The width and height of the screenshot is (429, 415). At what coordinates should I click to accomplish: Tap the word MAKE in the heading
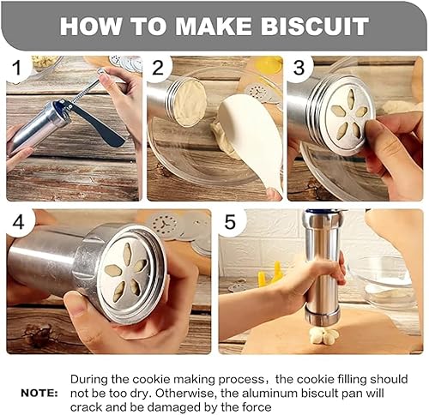pyautogui.click(x=213, y=27)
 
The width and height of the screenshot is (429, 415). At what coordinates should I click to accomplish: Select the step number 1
pyautogui.click(x=17, y=68)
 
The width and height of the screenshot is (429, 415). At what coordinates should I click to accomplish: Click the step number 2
pyautogui.click(x=158, y=68)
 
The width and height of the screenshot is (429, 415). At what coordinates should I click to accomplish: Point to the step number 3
pyautogui.click(x=299, y=68)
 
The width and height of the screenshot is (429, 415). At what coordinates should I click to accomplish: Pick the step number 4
pyautogui.click(x=19, y=222)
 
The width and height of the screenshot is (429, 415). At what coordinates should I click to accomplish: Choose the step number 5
pyautogui.click(x=230, y=222)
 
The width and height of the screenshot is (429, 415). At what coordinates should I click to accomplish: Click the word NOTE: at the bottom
pyautogui.click(x=39, y=394)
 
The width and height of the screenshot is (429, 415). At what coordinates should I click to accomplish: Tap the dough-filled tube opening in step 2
pyautogui.click(x=190, y=103)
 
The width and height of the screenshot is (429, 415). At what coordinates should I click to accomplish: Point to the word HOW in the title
pyautogui.click(x=90, y=27)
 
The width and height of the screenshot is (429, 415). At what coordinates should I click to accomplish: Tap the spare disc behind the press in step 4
pyautogui.click(x=164, y=225)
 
